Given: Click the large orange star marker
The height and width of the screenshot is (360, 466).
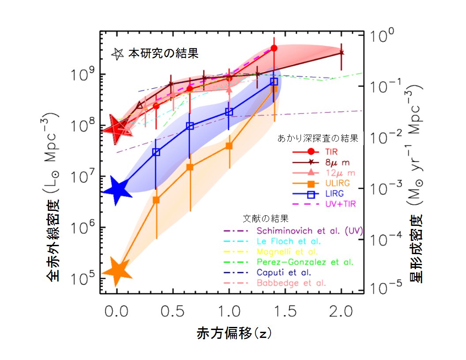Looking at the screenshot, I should coord(117,270).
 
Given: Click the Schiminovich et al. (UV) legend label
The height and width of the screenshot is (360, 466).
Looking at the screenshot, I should coord(308,230).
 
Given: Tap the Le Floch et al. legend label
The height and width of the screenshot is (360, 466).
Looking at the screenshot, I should coord(288,241).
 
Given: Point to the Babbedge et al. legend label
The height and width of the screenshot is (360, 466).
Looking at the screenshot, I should coord(291,283).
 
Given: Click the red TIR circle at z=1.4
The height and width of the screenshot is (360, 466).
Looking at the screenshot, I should coord(274,48).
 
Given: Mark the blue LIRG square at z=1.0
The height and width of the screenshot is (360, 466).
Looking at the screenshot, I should coord(229,112).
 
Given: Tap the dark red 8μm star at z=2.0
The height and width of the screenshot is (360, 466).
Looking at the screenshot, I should coord(342,53).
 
